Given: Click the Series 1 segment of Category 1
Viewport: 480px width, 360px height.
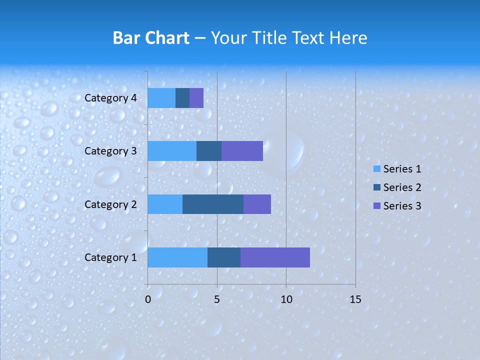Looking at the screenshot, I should click(x=177, y=257).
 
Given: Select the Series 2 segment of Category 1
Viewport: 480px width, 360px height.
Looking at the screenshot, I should click(x=224, y=257).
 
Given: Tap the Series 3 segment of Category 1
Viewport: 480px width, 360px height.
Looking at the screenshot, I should click(x=275, y=257).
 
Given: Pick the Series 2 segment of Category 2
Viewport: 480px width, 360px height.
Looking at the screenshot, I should click(x=213, y=204).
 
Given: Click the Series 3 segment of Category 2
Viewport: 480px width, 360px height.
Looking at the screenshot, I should click(x=257, y=204).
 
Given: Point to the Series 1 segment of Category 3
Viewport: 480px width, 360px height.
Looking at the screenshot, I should click(x=172, y=151).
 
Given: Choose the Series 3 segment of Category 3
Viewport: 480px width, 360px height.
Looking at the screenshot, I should click(x=242, y=151).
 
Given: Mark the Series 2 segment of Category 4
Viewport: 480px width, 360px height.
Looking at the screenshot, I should click(x=182, y=98).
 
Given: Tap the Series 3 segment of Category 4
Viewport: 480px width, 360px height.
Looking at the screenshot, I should click(x=196, y=98).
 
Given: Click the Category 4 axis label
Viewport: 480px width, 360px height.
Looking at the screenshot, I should click(x=110, y=98).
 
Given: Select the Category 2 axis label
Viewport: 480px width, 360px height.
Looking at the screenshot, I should click(x=110, y=204).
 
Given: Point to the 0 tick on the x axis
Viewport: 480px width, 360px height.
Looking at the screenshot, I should click(x=148, y=299).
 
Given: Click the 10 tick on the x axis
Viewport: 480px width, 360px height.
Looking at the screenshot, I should click(x=286, y=299).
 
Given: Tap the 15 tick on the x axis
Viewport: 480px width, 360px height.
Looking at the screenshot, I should click(x=355, y=299).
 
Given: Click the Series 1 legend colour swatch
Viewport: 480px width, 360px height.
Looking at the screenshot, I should click(x=376, y=169).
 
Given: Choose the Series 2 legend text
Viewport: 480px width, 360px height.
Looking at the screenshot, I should click(x=402, y=187).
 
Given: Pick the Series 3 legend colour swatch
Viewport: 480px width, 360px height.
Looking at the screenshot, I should click(x=376, y=206).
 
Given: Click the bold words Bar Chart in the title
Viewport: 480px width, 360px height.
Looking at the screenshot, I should click(x=151, y=38).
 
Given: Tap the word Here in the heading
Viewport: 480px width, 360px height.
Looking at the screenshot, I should click(x=349, y=38).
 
